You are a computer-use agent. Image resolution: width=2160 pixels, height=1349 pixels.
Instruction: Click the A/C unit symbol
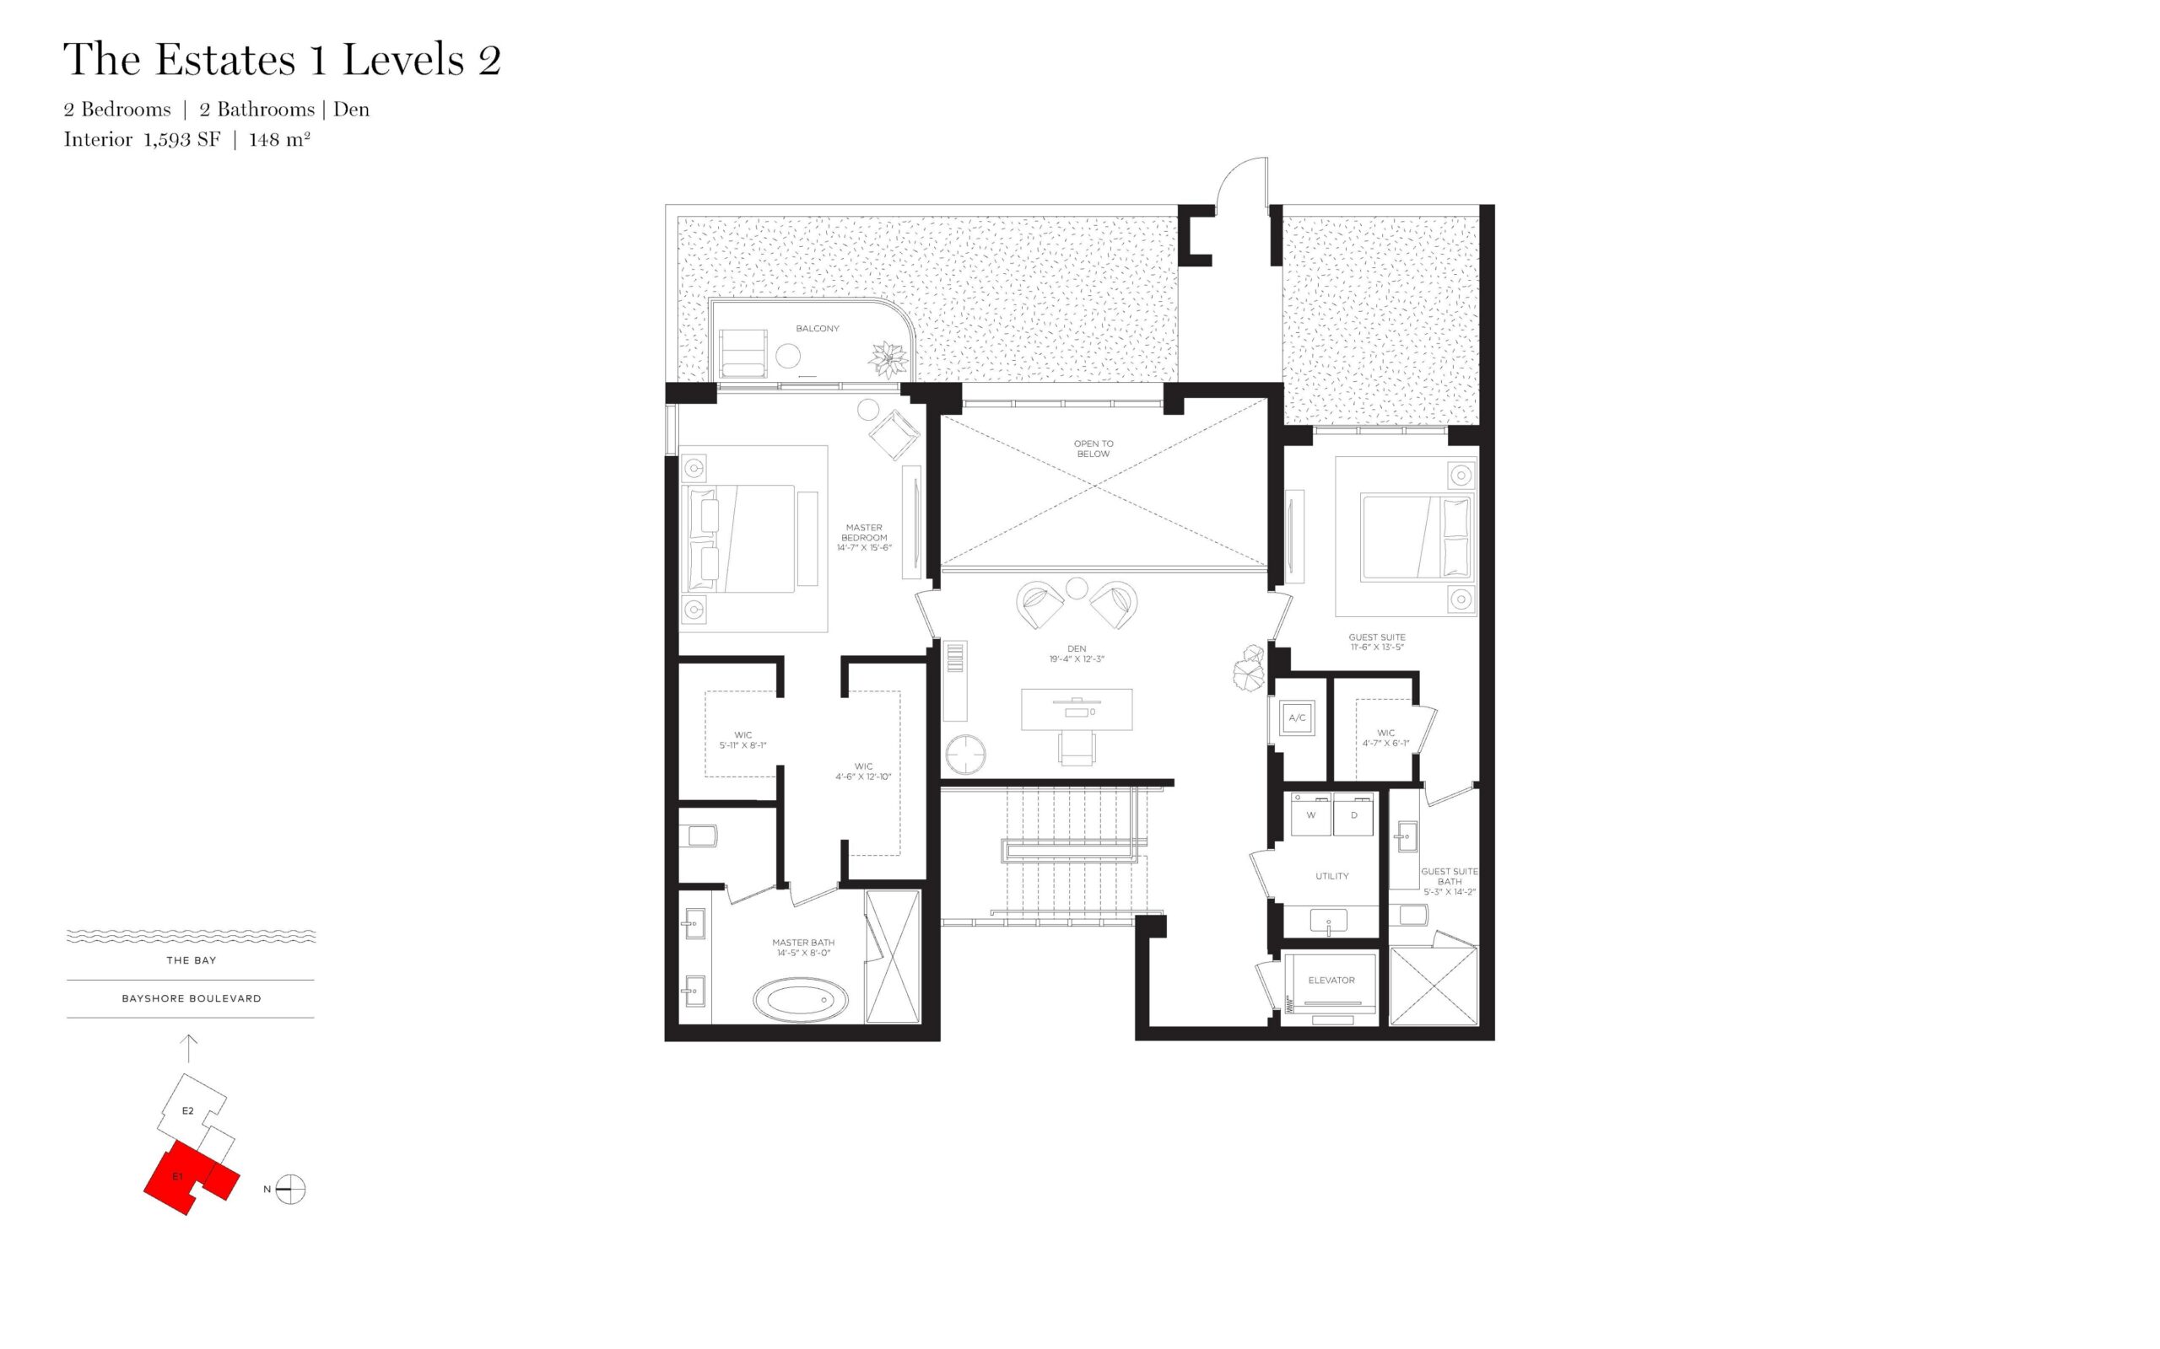pos(1297,717)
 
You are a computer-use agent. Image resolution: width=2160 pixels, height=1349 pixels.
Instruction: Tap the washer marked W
pos(1310,814)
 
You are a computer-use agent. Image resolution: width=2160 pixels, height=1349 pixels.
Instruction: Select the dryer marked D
pos(1353,814)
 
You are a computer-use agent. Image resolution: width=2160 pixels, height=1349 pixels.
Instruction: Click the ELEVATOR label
pos(1331,980)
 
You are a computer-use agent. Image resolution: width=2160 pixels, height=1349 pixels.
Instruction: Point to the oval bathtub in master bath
pos(802,1001)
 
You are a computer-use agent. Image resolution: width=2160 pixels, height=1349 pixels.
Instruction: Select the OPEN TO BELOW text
pos(1093,448)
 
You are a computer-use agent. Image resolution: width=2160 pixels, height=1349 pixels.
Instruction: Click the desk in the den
pos(1077,709)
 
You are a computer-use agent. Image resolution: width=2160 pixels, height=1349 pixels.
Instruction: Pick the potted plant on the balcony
pos(890,358)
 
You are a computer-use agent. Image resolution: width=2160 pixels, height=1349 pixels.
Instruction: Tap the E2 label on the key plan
pos(187,1110)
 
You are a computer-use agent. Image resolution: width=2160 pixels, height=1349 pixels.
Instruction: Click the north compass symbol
pos(290,1190)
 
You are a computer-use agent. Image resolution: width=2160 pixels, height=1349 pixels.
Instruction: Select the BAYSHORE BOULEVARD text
pos(191,998)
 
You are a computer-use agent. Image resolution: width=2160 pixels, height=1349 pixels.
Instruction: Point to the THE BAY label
pos(191,960)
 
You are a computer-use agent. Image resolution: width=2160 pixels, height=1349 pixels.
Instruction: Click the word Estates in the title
pos(225,60)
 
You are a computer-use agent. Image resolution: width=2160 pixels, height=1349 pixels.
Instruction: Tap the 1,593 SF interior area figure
pos(181,139)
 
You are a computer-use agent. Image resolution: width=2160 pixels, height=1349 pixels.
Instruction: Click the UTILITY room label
pos(1331,876)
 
